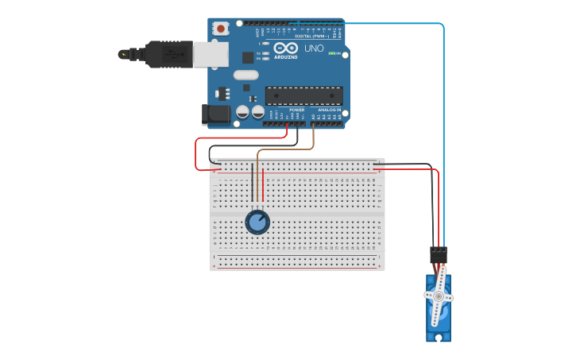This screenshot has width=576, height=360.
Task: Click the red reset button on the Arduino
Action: [x=221, y=29]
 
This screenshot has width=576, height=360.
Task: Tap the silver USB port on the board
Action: [x=211, y=53]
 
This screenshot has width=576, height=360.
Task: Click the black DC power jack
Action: [x=216, y=114]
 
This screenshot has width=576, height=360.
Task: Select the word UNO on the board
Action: [x=315, y=48]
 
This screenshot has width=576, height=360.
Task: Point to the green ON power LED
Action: [x=331, y=53]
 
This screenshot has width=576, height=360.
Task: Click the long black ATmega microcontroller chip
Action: [x=303, y=95]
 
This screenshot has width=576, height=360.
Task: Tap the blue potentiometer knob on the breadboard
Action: [x=257, y=222]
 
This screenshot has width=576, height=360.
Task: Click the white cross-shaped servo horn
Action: [x=437, y=297]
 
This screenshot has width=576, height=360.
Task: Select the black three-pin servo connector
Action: [x=439, y=254]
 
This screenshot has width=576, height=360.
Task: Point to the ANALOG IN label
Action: [x=329, y=110]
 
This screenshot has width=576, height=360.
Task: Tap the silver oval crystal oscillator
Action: [x=246, y=75]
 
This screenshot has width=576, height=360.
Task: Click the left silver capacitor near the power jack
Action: [x=243, y=113]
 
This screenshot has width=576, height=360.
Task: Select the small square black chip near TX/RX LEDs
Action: [x=248, y=57]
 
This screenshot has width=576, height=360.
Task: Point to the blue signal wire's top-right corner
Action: [x=442, y=25]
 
